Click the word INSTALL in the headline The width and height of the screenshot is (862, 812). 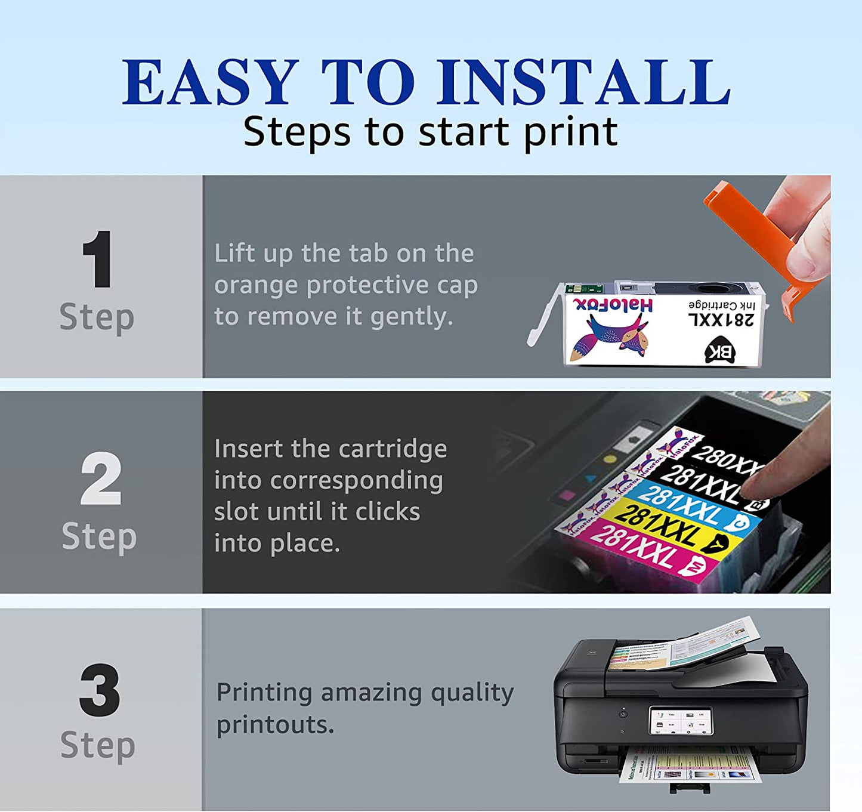point(583,82)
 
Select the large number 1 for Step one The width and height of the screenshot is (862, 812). point(97,260)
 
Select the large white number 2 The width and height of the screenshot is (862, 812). point(100,479)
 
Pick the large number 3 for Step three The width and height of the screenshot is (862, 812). point(99,690)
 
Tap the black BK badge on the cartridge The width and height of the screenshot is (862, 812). point(720,352)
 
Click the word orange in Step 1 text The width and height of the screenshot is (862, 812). point(258,285)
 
